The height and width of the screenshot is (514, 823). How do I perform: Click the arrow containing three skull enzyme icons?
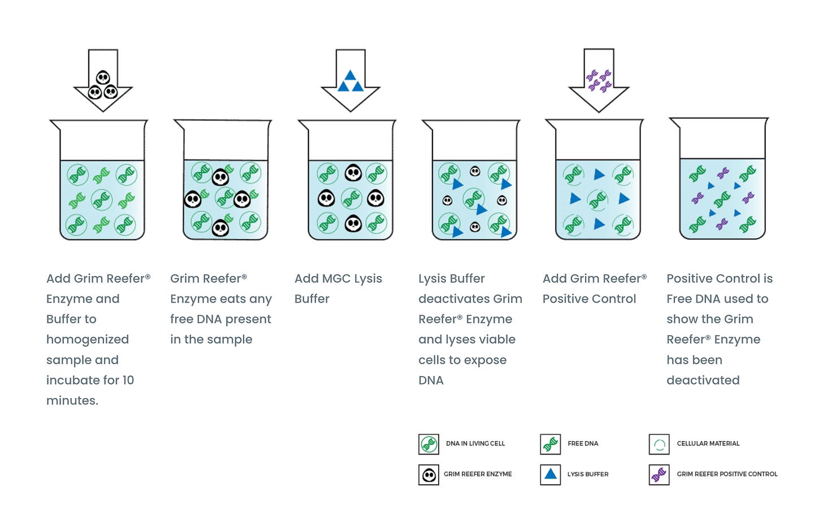click(x=103, y=80)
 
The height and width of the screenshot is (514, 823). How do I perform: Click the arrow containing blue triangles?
click(x=350, y=80)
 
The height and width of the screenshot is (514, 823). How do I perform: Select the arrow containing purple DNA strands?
click(x=599, y=80)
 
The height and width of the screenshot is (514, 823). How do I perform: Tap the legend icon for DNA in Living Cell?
click(x=429, y=444)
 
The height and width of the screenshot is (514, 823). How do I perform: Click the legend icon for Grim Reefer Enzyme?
click(x=429, y=475)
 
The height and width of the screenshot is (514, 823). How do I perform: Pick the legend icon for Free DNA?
click(x=551, y=444)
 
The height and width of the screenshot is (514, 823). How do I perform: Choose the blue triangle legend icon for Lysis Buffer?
click(x=551, y=475)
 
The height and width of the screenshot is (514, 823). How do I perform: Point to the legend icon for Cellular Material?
click(x=659, y=444)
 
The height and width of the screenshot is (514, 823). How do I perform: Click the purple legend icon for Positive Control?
click(x=659, y=475)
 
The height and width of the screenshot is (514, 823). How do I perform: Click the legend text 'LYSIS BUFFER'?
click(x=588, y=474)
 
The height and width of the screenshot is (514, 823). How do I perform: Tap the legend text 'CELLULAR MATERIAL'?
click(x=708, y=444)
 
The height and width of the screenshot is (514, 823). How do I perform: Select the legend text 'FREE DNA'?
click(x=583, y=444)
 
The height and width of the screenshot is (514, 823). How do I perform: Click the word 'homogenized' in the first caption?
click(x=88, y=339)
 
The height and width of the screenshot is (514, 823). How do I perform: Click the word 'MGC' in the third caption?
click(x=336, y=278)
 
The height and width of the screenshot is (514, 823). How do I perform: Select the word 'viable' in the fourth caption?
click(x=497, y=339)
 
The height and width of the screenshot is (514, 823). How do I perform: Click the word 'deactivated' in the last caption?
click(x=703, y=380)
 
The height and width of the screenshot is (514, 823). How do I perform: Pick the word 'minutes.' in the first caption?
click(x=72, y=400)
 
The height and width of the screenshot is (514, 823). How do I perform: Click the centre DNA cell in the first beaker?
click(x=102, y=200)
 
